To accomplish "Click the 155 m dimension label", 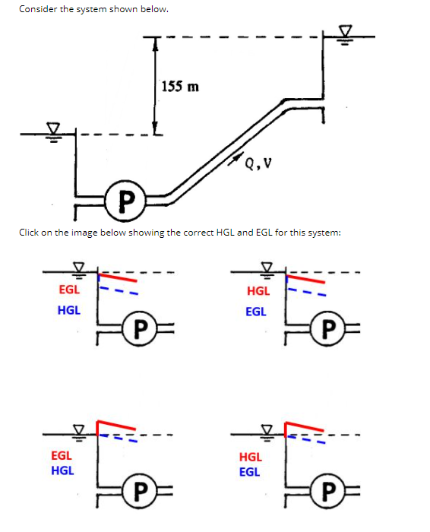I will (181, 86).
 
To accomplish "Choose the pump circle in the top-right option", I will (327, 328).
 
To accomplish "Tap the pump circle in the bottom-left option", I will (138, 489).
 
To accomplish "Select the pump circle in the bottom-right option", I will (326, 489).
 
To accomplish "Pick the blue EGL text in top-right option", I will (256, 311).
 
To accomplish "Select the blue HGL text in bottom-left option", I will (62, 470).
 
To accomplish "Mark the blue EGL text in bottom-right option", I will (249, 471).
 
